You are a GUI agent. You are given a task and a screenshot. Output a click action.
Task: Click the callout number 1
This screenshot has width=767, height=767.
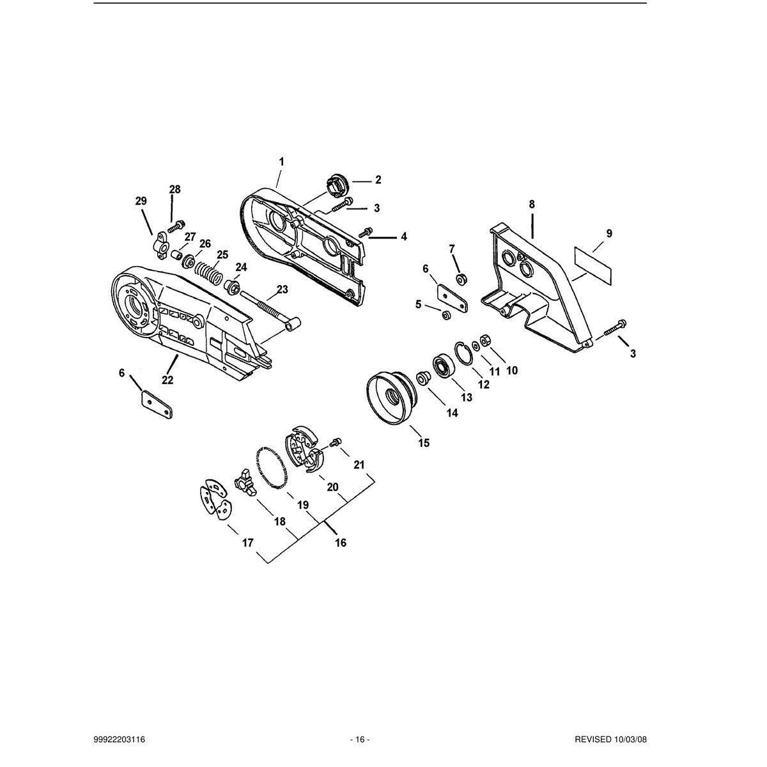point(281,162)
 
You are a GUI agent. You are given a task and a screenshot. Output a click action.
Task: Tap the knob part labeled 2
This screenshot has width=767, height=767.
point(337,184)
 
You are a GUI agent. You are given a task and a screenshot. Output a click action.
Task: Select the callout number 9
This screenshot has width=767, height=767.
point(609,234)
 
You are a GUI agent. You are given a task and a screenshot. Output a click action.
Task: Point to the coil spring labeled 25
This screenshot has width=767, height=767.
point(209,273)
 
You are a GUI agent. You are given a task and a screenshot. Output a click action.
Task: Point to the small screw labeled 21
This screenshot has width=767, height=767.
point(336,442)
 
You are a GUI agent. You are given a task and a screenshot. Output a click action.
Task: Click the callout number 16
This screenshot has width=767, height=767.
point(341,543)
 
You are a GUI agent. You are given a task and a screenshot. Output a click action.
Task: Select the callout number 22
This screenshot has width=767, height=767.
point(167,380)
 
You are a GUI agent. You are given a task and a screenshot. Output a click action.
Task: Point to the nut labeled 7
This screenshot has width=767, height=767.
point(461,279)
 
